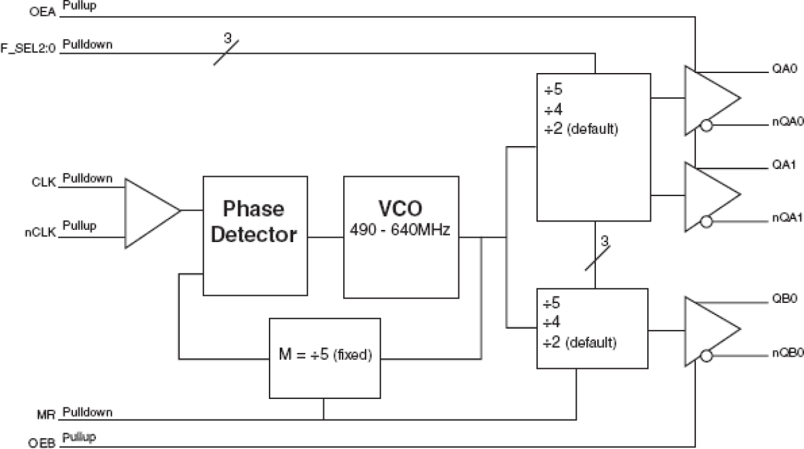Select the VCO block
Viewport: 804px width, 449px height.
coord(401,236)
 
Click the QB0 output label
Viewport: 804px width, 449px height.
coord(780,298)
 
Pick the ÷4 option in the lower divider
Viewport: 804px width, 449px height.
coord(551,321)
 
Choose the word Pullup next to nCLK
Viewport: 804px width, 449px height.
coord(80,225)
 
